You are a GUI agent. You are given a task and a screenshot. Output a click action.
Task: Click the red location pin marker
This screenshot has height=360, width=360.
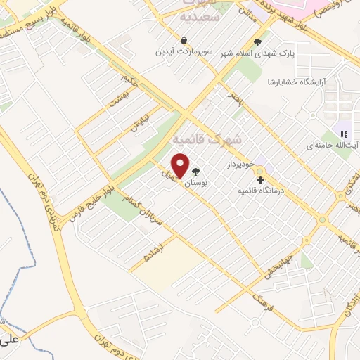click(x=181, y=165)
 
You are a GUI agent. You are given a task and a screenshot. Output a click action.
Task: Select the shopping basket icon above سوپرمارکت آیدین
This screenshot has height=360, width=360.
click(x=184, y=40)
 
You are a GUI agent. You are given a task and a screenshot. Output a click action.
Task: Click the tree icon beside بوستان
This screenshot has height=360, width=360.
click(x=196, y=171)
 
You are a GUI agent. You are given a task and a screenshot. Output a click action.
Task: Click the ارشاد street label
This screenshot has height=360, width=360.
click(x=153, y=251)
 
